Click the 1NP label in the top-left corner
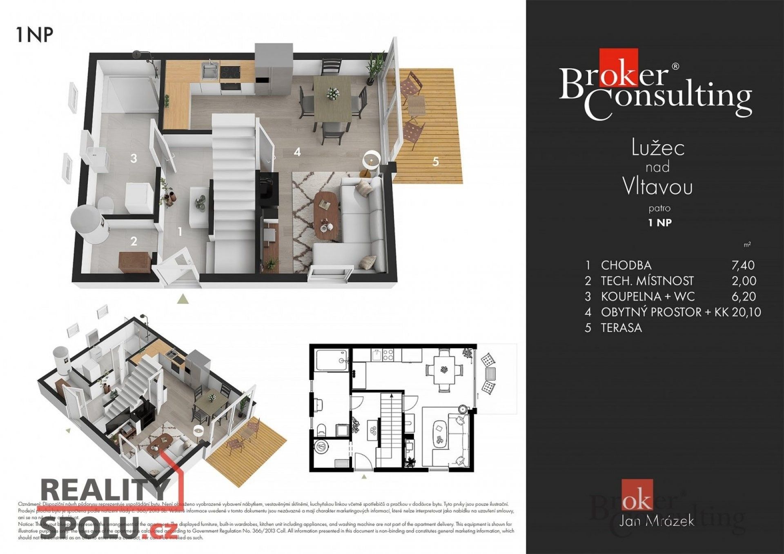pyautogui.click(x=35, y=34)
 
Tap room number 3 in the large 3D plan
pyautogui.click(x=134, y=158)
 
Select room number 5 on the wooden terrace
pyautogui.click(x=436, y=162)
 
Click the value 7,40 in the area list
pyautogui.click(x=743, y=265)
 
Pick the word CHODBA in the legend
pyautogui.click(x=626, y=265)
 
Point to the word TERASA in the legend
pyautogui.click(x=621, y=328)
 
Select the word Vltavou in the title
pyautogui.click(x=657, y=187)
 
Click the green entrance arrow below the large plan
pyautogui.click(x=183, y=299)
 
